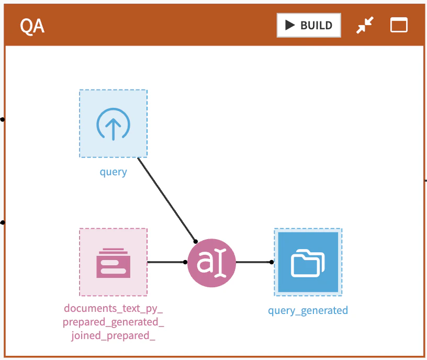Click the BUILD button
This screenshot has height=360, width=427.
pos(309,25)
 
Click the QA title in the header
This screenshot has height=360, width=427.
pos(32,26)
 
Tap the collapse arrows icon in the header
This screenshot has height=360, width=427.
pos(365,25)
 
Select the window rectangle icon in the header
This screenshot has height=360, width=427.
pos(399,25)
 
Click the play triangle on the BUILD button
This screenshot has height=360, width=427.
pos(290,25)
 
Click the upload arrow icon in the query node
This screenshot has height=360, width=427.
pos(113,124)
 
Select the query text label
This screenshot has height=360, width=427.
pos(113,172)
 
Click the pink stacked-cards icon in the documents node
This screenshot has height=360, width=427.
pos(113,263)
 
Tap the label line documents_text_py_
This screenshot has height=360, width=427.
pos(113,309)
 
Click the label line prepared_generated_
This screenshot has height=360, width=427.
pos(113,322)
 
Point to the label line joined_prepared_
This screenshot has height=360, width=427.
pos(113,336)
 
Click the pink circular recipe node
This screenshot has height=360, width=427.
pos(211,263)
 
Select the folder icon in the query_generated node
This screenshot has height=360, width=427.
pos(308,263)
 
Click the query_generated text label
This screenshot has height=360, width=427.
pos(308,311)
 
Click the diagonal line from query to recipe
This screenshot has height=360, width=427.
pos(166,199)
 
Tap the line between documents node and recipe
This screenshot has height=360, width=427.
pos(166,262)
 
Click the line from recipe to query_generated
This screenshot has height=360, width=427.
pos(254,262)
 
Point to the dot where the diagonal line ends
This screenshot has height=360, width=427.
pos(196,242)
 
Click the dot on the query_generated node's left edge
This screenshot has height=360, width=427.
pos(272,262)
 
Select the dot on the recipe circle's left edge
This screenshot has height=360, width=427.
pos(185,262)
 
